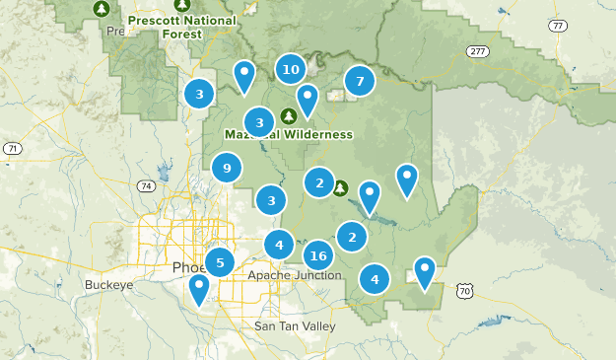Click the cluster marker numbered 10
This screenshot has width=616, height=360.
(x=290, y=69)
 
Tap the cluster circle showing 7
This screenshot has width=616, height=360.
(x=360, y=81)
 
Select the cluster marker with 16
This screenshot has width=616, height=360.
(x=317, y=256)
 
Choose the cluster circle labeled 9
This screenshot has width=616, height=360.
(x=227, y=169)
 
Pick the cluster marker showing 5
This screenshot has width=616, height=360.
(x=219, y=262)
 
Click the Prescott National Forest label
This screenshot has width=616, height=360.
(x=182, y=27)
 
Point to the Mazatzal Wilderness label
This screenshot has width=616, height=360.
(x=288, y=134)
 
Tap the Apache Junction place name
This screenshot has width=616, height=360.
(x=295, y=275)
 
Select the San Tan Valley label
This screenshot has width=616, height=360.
(x=295, y=325)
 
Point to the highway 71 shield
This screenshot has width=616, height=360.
(x=12, y=148)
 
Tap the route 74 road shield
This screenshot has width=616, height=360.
(x=146, y=185)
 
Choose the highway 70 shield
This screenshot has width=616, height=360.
(x=466, y=291)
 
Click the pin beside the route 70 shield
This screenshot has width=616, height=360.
(x=424, y=270)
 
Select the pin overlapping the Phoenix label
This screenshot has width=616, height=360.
(x=199, y=289)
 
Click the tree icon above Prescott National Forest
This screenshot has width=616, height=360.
(x=101, y=9)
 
